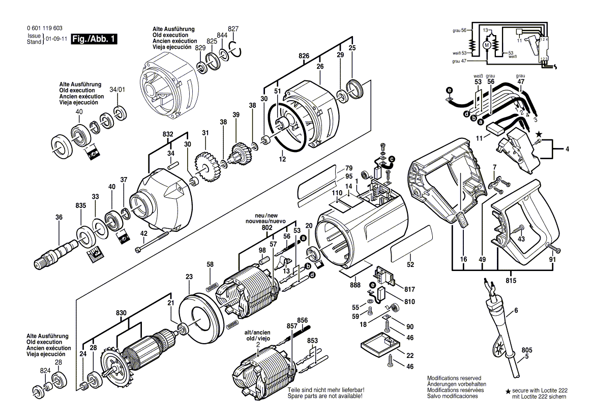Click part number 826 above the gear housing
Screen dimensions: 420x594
pos(304,55)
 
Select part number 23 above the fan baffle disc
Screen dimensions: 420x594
pos(189,277)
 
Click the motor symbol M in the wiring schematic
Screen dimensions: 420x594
pos(487,46)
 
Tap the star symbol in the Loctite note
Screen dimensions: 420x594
pos(508,391)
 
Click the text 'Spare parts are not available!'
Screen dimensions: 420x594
pos(325,396)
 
